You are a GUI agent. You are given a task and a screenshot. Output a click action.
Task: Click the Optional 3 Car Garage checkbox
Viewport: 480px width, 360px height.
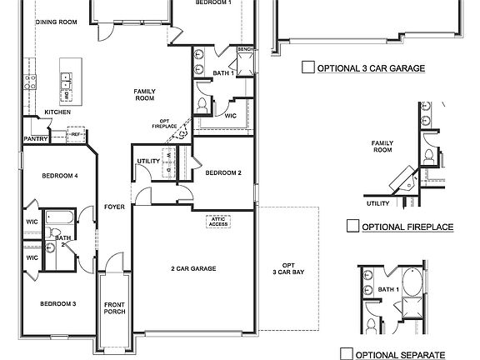click(307, 69)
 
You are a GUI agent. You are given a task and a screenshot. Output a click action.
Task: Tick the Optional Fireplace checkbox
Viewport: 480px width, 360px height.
click(352, 226)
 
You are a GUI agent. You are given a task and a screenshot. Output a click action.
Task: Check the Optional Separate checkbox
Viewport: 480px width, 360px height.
click(347, 354)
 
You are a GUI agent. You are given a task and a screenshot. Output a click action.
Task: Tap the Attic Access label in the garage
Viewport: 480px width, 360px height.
click(217, 222)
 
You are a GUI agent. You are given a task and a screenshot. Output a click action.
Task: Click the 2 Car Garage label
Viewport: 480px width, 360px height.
click(193, 268)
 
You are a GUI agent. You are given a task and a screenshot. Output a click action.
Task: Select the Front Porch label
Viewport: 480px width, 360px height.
click(114, 308)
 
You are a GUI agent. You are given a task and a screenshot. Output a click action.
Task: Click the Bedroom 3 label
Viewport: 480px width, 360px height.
click(57, 303)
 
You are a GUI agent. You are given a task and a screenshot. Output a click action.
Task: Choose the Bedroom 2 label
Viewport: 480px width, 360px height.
click(223, 172)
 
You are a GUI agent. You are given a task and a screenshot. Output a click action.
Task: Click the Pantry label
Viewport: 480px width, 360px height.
click(35, 139)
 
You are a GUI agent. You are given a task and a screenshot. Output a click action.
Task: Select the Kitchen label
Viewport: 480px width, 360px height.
click(57, 112)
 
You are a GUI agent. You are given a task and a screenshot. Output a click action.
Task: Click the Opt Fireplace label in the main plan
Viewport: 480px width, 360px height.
click(163, 123)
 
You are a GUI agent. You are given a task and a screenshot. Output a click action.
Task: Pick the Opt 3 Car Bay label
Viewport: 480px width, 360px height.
click(288, 268)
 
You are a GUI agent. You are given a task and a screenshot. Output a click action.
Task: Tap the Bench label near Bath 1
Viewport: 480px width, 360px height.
click(244, 49)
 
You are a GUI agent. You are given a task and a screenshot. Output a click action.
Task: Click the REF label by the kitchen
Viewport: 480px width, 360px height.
click(76, 133)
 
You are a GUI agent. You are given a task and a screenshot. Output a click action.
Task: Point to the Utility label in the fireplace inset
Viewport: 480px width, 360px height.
click(377, 202)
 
